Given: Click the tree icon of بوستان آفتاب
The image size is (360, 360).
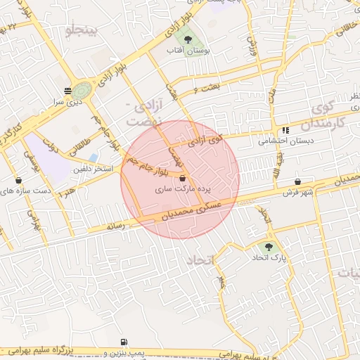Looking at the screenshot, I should point(187,40).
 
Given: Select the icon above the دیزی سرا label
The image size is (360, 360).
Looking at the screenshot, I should point(67,90).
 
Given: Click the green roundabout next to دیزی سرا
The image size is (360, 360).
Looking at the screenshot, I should point(82,90).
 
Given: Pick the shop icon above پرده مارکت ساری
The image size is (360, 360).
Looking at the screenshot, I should point(183,179).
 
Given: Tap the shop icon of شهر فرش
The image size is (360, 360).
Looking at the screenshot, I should point(298,181).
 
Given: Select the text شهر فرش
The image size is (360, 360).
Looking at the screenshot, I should point(298,192).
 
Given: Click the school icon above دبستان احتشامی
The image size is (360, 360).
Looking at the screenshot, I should point(285,130).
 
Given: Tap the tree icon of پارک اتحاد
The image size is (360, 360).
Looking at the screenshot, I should point(269,247).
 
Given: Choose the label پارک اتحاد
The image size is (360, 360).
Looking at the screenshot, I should point(270,258).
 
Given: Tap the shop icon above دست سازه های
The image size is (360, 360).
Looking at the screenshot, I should point(18,180).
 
